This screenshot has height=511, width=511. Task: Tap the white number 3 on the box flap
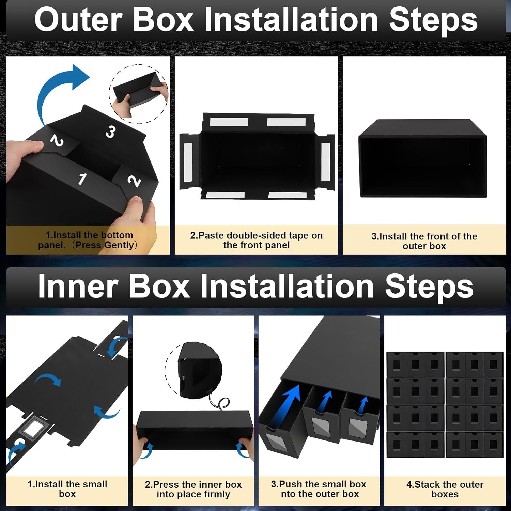(x=110, y=131)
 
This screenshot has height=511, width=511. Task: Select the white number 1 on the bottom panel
(x=82, y=179)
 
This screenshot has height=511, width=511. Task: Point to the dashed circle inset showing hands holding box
(x=139, y=94)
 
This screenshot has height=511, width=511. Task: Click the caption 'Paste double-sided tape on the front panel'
(x=256, y=240)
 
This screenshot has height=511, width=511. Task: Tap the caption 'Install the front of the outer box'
(x=424, y=241)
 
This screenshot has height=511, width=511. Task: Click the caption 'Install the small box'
(x=67, y=489)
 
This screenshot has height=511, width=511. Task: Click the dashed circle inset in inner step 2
(x=194, y=370)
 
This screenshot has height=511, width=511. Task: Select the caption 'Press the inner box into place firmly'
(x=193, y=489)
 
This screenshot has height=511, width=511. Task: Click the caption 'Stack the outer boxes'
(x=445, y=489)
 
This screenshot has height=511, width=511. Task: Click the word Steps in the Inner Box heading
(x=429, y=286)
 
